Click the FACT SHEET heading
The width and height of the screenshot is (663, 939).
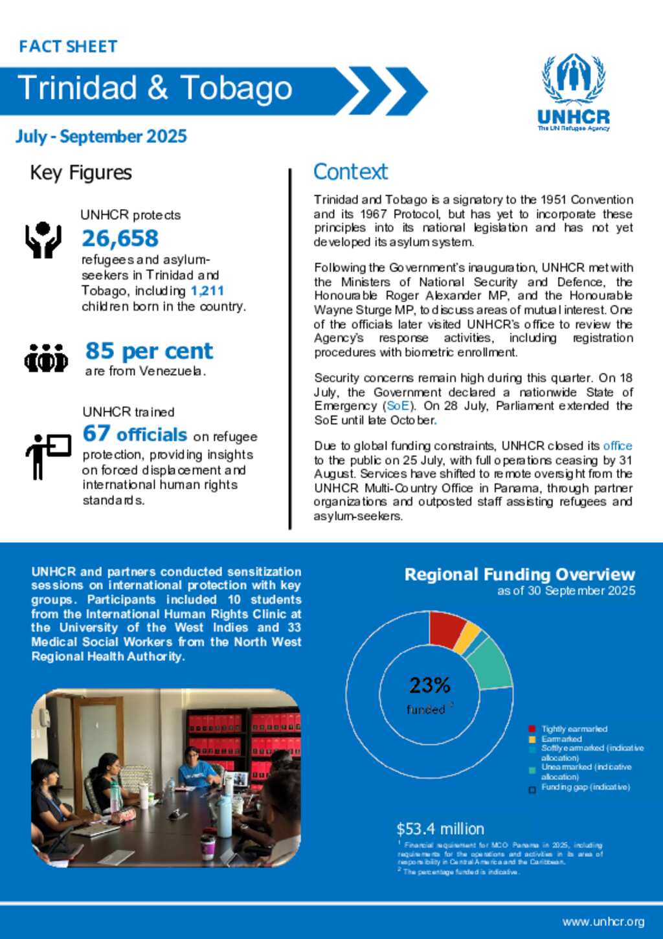68,47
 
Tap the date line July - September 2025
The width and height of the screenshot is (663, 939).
101,137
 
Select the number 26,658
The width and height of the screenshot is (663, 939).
120,238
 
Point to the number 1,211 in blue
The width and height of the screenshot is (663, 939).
207,291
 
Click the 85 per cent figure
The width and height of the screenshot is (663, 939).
149,351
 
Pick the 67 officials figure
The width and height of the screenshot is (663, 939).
135,434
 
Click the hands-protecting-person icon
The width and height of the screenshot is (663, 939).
43,240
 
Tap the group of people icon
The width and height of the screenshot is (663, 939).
46,358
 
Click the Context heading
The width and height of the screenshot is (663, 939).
350,171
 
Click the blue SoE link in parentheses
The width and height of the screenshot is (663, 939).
398,406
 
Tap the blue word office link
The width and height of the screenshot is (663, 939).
617,446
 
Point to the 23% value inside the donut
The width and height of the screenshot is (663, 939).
429,685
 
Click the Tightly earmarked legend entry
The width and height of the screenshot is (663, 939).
574,729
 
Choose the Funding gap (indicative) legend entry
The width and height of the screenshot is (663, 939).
585,787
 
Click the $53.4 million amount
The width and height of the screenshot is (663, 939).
440,829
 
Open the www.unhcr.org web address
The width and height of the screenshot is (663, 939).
603,922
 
